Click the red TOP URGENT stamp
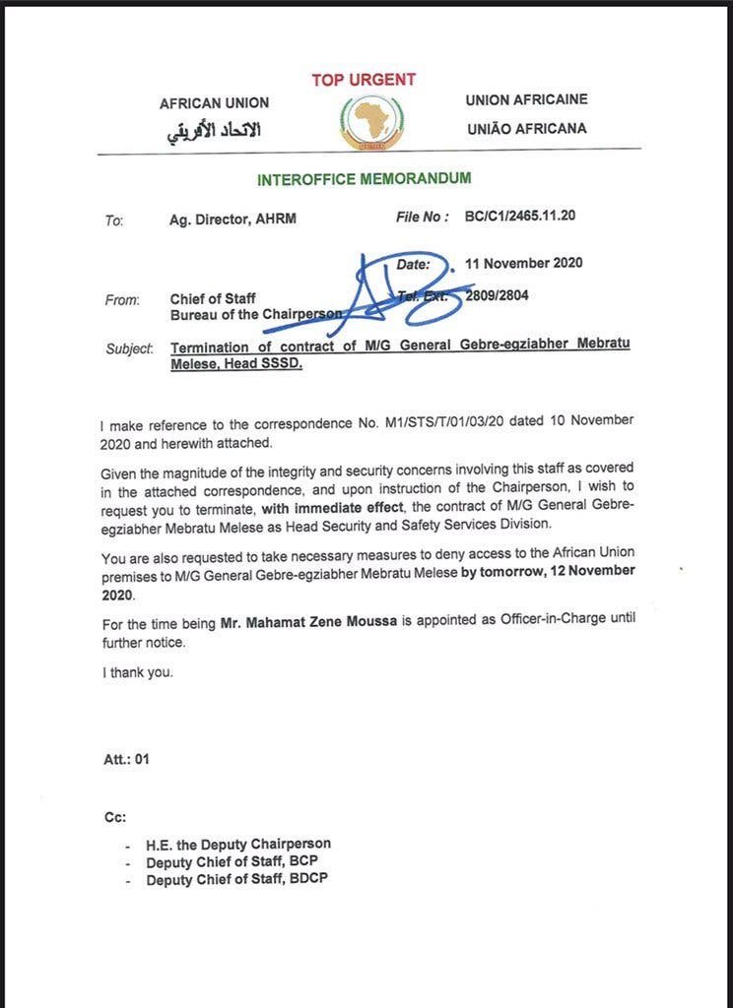coord(364,80)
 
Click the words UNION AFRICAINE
coord(526,99)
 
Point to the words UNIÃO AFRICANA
coord(525,128)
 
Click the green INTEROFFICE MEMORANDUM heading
coord(364,179)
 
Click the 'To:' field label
coord(114,220)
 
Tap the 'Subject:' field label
coord(129,347)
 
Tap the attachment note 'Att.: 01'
coord(127,759)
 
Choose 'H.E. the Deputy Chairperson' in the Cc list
coord(238,844)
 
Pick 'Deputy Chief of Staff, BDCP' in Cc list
coord(236,879)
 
